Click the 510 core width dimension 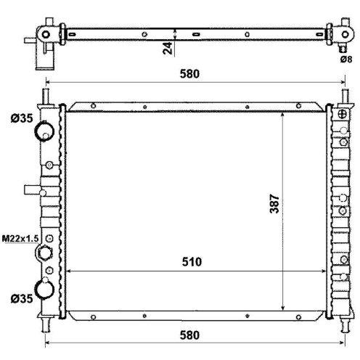tap(192, 262)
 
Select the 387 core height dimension tap(274, 204)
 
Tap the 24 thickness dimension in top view tap(168, 48)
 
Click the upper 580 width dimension tap(189, 74)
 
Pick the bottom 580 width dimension tap(189, 335)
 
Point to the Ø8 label tap(346, 60)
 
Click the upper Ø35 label tap(22, 118)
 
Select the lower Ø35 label tap(22, 299)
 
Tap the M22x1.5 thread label tap(20, 239)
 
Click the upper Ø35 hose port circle tap(45, 131)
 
